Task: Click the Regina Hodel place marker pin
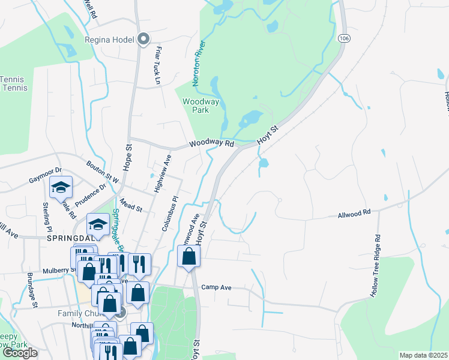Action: coord(143,40)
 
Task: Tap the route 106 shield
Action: coord(343,38)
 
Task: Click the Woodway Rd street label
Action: coord(211,144)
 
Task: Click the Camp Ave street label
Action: coord(217,287)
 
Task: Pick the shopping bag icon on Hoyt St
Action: coord(189,257)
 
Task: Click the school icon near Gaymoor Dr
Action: coord(61,188)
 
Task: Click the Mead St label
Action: coord(130,206)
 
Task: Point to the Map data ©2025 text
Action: coord(423,355)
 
